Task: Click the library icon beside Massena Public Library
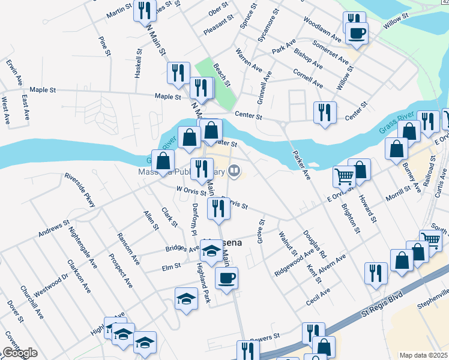click(x=234, y=172)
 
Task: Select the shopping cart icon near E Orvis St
click(x=344, y=176)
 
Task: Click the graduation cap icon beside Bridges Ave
click(x=211, y=252)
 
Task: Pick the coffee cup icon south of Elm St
click(x=227, y=278)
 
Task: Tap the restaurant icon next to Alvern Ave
click(x=376, y=272)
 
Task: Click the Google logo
click(x=20, y=353)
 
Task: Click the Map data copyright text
click(x=423, y=355)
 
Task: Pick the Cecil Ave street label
click(x=318, y=296)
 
